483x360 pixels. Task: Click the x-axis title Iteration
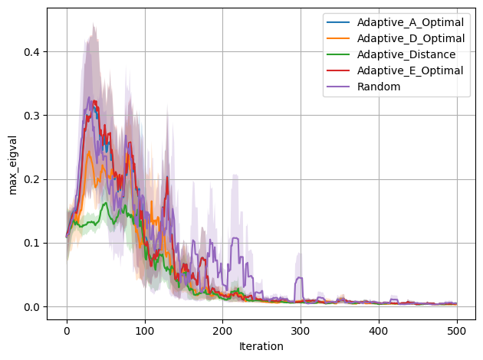261,346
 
